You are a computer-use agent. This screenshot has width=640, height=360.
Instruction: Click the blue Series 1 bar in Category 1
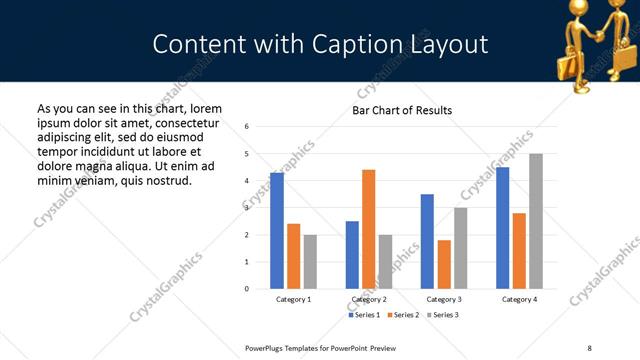tap(277, 231)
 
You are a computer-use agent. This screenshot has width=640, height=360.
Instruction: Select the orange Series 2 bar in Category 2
tap(368, 229)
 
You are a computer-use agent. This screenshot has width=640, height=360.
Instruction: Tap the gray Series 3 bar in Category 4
tap(536, 221)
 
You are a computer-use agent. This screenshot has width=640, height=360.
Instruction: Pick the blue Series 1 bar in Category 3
tap(427, 241)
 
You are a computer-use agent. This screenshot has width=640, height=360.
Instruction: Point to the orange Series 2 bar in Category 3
tap(444, 264)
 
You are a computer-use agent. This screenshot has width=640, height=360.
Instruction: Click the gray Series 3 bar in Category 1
tap(310, 262)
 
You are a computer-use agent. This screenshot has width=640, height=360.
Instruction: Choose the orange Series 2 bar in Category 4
tap(519, 251)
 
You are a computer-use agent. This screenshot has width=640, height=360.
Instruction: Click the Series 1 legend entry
tap(364, 315)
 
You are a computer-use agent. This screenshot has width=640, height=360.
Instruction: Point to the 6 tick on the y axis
tap(246, 126)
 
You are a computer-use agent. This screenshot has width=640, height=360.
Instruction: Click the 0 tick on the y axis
tap(246, 289)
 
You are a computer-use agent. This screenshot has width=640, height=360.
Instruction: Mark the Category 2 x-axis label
tap(369, 300)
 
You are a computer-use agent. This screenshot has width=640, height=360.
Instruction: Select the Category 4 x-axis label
tap(519, 300)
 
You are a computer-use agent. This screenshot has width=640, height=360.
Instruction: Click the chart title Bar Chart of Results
tap(402, 110)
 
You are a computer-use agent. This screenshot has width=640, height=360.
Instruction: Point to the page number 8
tap(588, 347)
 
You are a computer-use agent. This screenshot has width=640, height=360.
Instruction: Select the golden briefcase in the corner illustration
tap(561, 62)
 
